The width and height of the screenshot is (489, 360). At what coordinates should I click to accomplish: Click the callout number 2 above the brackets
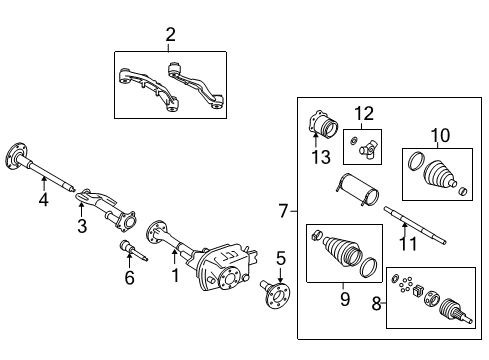(x=170, y=35)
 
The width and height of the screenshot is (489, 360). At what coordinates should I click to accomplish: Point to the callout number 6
(x=129, y=278)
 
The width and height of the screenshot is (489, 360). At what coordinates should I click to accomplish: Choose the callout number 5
(x=281, y=259)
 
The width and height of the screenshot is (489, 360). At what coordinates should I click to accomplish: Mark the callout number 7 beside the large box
(x=283, y=210)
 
